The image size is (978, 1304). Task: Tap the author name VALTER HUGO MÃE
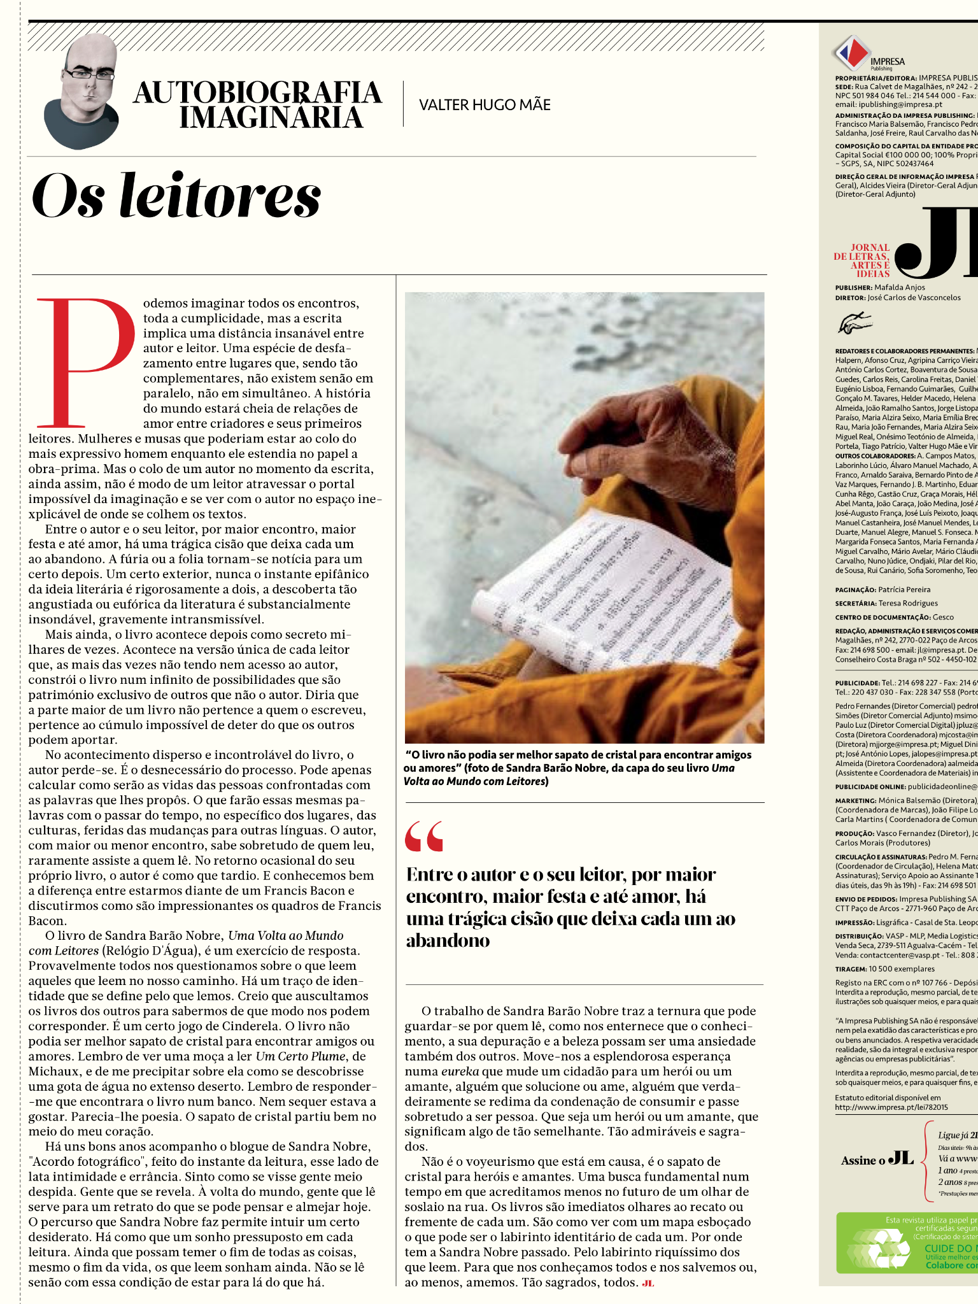[x=485, y=105]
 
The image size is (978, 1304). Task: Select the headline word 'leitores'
[x=220, y=196]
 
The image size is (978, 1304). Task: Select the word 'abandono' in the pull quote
[x=448, y=941]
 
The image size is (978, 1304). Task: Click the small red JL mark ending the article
[x=648, y=1283]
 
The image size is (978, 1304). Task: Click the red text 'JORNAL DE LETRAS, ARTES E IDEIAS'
[x=863, y=260]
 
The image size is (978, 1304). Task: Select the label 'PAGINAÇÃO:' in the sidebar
[x=855, y=590]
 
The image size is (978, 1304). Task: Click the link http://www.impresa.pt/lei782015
[x=891, y=1107]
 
